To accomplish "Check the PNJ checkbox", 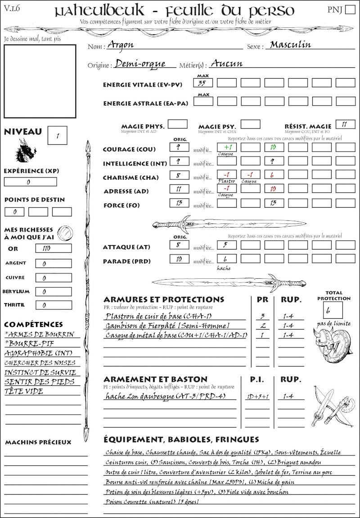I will [349, 10].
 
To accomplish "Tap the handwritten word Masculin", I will [290, 45].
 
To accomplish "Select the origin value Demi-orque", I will [140, 64].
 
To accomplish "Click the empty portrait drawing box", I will [40, 81].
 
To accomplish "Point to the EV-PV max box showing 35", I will [203, 83].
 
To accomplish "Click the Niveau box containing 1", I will [58, 135].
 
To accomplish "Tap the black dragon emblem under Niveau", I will [25, 151].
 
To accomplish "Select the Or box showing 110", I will [53, 249].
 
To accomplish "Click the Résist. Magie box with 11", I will [345, 125].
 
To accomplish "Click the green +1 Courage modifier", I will [227, 147].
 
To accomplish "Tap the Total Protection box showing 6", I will [333, 310].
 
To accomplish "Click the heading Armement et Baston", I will [155, 379].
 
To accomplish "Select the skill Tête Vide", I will [24, 391].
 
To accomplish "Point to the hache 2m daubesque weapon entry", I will [165, 396].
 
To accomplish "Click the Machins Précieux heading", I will [38, 442].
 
